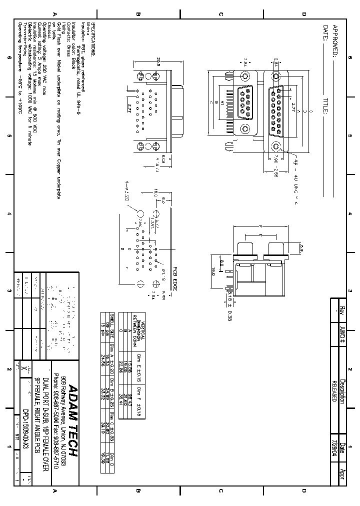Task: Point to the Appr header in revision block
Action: [x=342, y=474]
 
